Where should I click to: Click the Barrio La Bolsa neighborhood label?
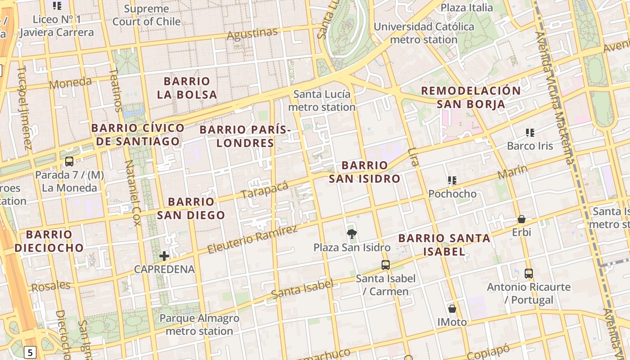click(187, 88)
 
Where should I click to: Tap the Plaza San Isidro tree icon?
click(352, 234)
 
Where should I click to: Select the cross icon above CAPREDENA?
click(164, 256)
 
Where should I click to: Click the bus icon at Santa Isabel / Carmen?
click(386, 265)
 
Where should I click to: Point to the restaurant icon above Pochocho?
click(452, 181)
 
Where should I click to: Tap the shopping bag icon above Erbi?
click(522, 219)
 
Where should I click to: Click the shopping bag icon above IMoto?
click(452, 309)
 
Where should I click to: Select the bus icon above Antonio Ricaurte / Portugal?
click(529, 273)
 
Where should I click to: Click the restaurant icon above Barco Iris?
click(530, 133)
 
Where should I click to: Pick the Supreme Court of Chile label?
click(146, 15)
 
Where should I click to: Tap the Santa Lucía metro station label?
click(322, 101)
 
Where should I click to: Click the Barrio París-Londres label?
click(245, 136)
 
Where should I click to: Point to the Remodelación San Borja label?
click(471, 97)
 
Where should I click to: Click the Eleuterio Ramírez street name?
click(252, 239)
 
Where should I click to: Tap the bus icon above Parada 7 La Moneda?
click(69, 162)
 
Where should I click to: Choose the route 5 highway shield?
click(30, 352)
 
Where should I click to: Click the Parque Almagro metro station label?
click(199, 325)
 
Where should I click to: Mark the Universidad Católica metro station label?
click(423, 33)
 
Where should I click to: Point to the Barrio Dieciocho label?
click(49, 241)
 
